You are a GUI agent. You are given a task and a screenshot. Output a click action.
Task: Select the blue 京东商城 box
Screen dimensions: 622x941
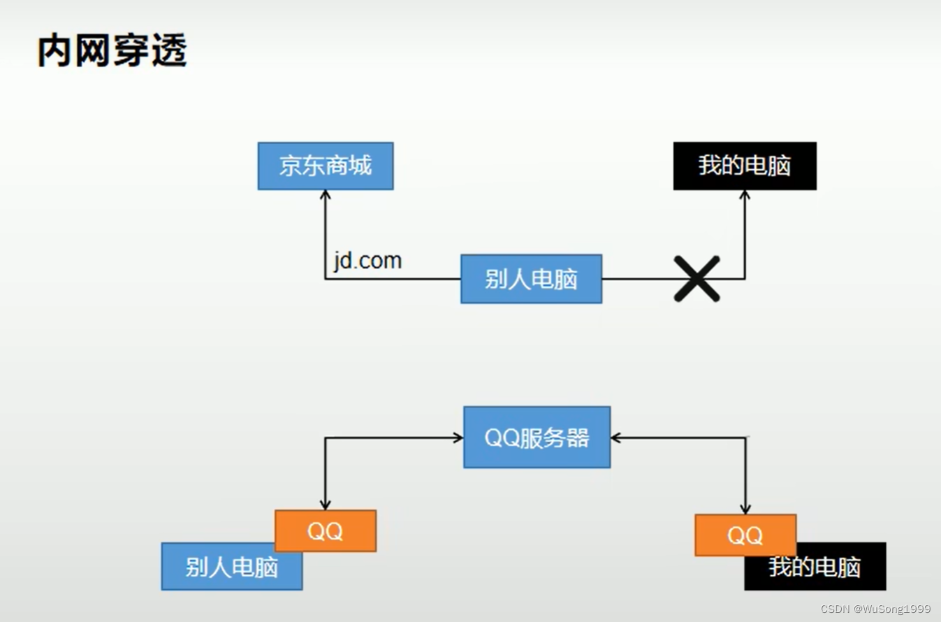[326, 166]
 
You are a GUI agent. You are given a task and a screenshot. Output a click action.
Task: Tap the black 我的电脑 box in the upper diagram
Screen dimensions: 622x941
[745, 166]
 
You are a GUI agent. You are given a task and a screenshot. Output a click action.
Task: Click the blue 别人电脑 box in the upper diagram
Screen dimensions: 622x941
[531, 279]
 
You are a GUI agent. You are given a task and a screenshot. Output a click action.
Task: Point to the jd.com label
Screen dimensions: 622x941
[367, 261]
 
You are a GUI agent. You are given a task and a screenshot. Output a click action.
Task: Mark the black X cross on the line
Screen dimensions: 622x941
[696, 279]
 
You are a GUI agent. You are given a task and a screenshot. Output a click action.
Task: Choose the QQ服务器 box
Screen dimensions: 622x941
[537, 437]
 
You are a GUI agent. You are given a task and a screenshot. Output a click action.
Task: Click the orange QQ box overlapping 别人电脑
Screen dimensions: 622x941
[326, 530]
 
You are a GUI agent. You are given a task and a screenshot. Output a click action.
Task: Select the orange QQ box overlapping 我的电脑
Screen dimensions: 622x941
[745, 535]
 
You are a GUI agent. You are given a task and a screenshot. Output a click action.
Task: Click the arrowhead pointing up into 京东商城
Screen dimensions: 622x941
[326, 195]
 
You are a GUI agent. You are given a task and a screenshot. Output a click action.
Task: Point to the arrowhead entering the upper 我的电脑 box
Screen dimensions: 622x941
[745, 195]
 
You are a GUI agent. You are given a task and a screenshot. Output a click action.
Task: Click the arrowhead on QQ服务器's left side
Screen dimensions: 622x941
[458, 438]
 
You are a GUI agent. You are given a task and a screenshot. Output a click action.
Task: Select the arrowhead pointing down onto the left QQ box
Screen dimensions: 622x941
[326, 505]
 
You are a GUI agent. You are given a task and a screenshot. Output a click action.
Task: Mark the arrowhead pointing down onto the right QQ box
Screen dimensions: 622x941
[745, 509]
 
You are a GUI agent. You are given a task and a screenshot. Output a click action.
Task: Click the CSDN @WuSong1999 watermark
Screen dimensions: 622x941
[875, 609]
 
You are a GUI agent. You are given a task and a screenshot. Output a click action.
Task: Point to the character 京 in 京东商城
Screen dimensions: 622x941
[291, 166]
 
